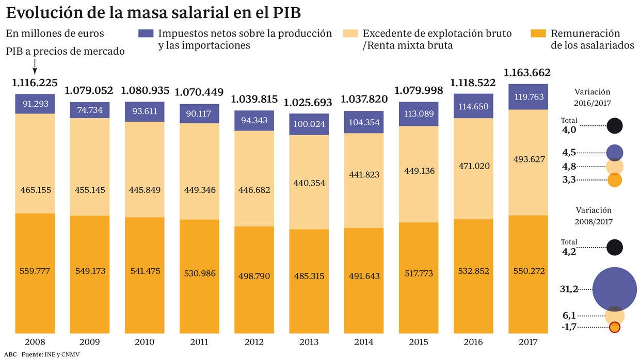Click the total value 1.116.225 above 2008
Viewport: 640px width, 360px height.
pyautogui.click(x=35, y=83)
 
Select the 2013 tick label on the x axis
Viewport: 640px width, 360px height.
pyautogui.click(x=309, y=342)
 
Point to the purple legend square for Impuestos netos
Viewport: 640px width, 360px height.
pyautogui.click(x=146, y=34)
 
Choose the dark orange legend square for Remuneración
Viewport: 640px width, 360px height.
pyautogui.click(x=538, y=34)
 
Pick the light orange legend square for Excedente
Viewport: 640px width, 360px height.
pyautogui.click(x=350, y=34)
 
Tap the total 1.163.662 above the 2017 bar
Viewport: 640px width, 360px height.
pyautogui.click(x=527, y=72)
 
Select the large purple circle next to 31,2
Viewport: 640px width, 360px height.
pyautogui.click(x=615, y=289)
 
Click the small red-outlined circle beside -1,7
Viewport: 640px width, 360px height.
pyautogui.click(x=615, y=328)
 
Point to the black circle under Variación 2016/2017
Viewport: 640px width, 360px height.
pyautogui.click(x=615, y=125)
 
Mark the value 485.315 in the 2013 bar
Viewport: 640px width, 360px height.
pyautogui.click(x=309, y=276)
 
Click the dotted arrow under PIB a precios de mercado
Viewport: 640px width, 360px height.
pyautogui.click(x=35, y=66)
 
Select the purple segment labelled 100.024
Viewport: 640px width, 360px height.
pyautogui.click(x=309, y=125)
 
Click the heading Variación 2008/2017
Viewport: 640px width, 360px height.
pyautogui.click(x=593, y=216)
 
